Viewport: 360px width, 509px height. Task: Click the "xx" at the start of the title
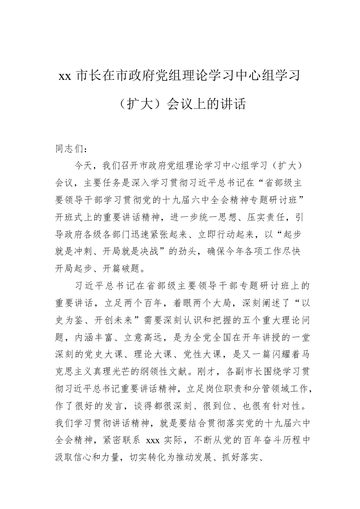coord(64,76)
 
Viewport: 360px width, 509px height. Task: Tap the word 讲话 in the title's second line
coord(233,105)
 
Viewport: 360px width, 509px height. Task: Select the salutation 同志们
coord(65,148)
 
